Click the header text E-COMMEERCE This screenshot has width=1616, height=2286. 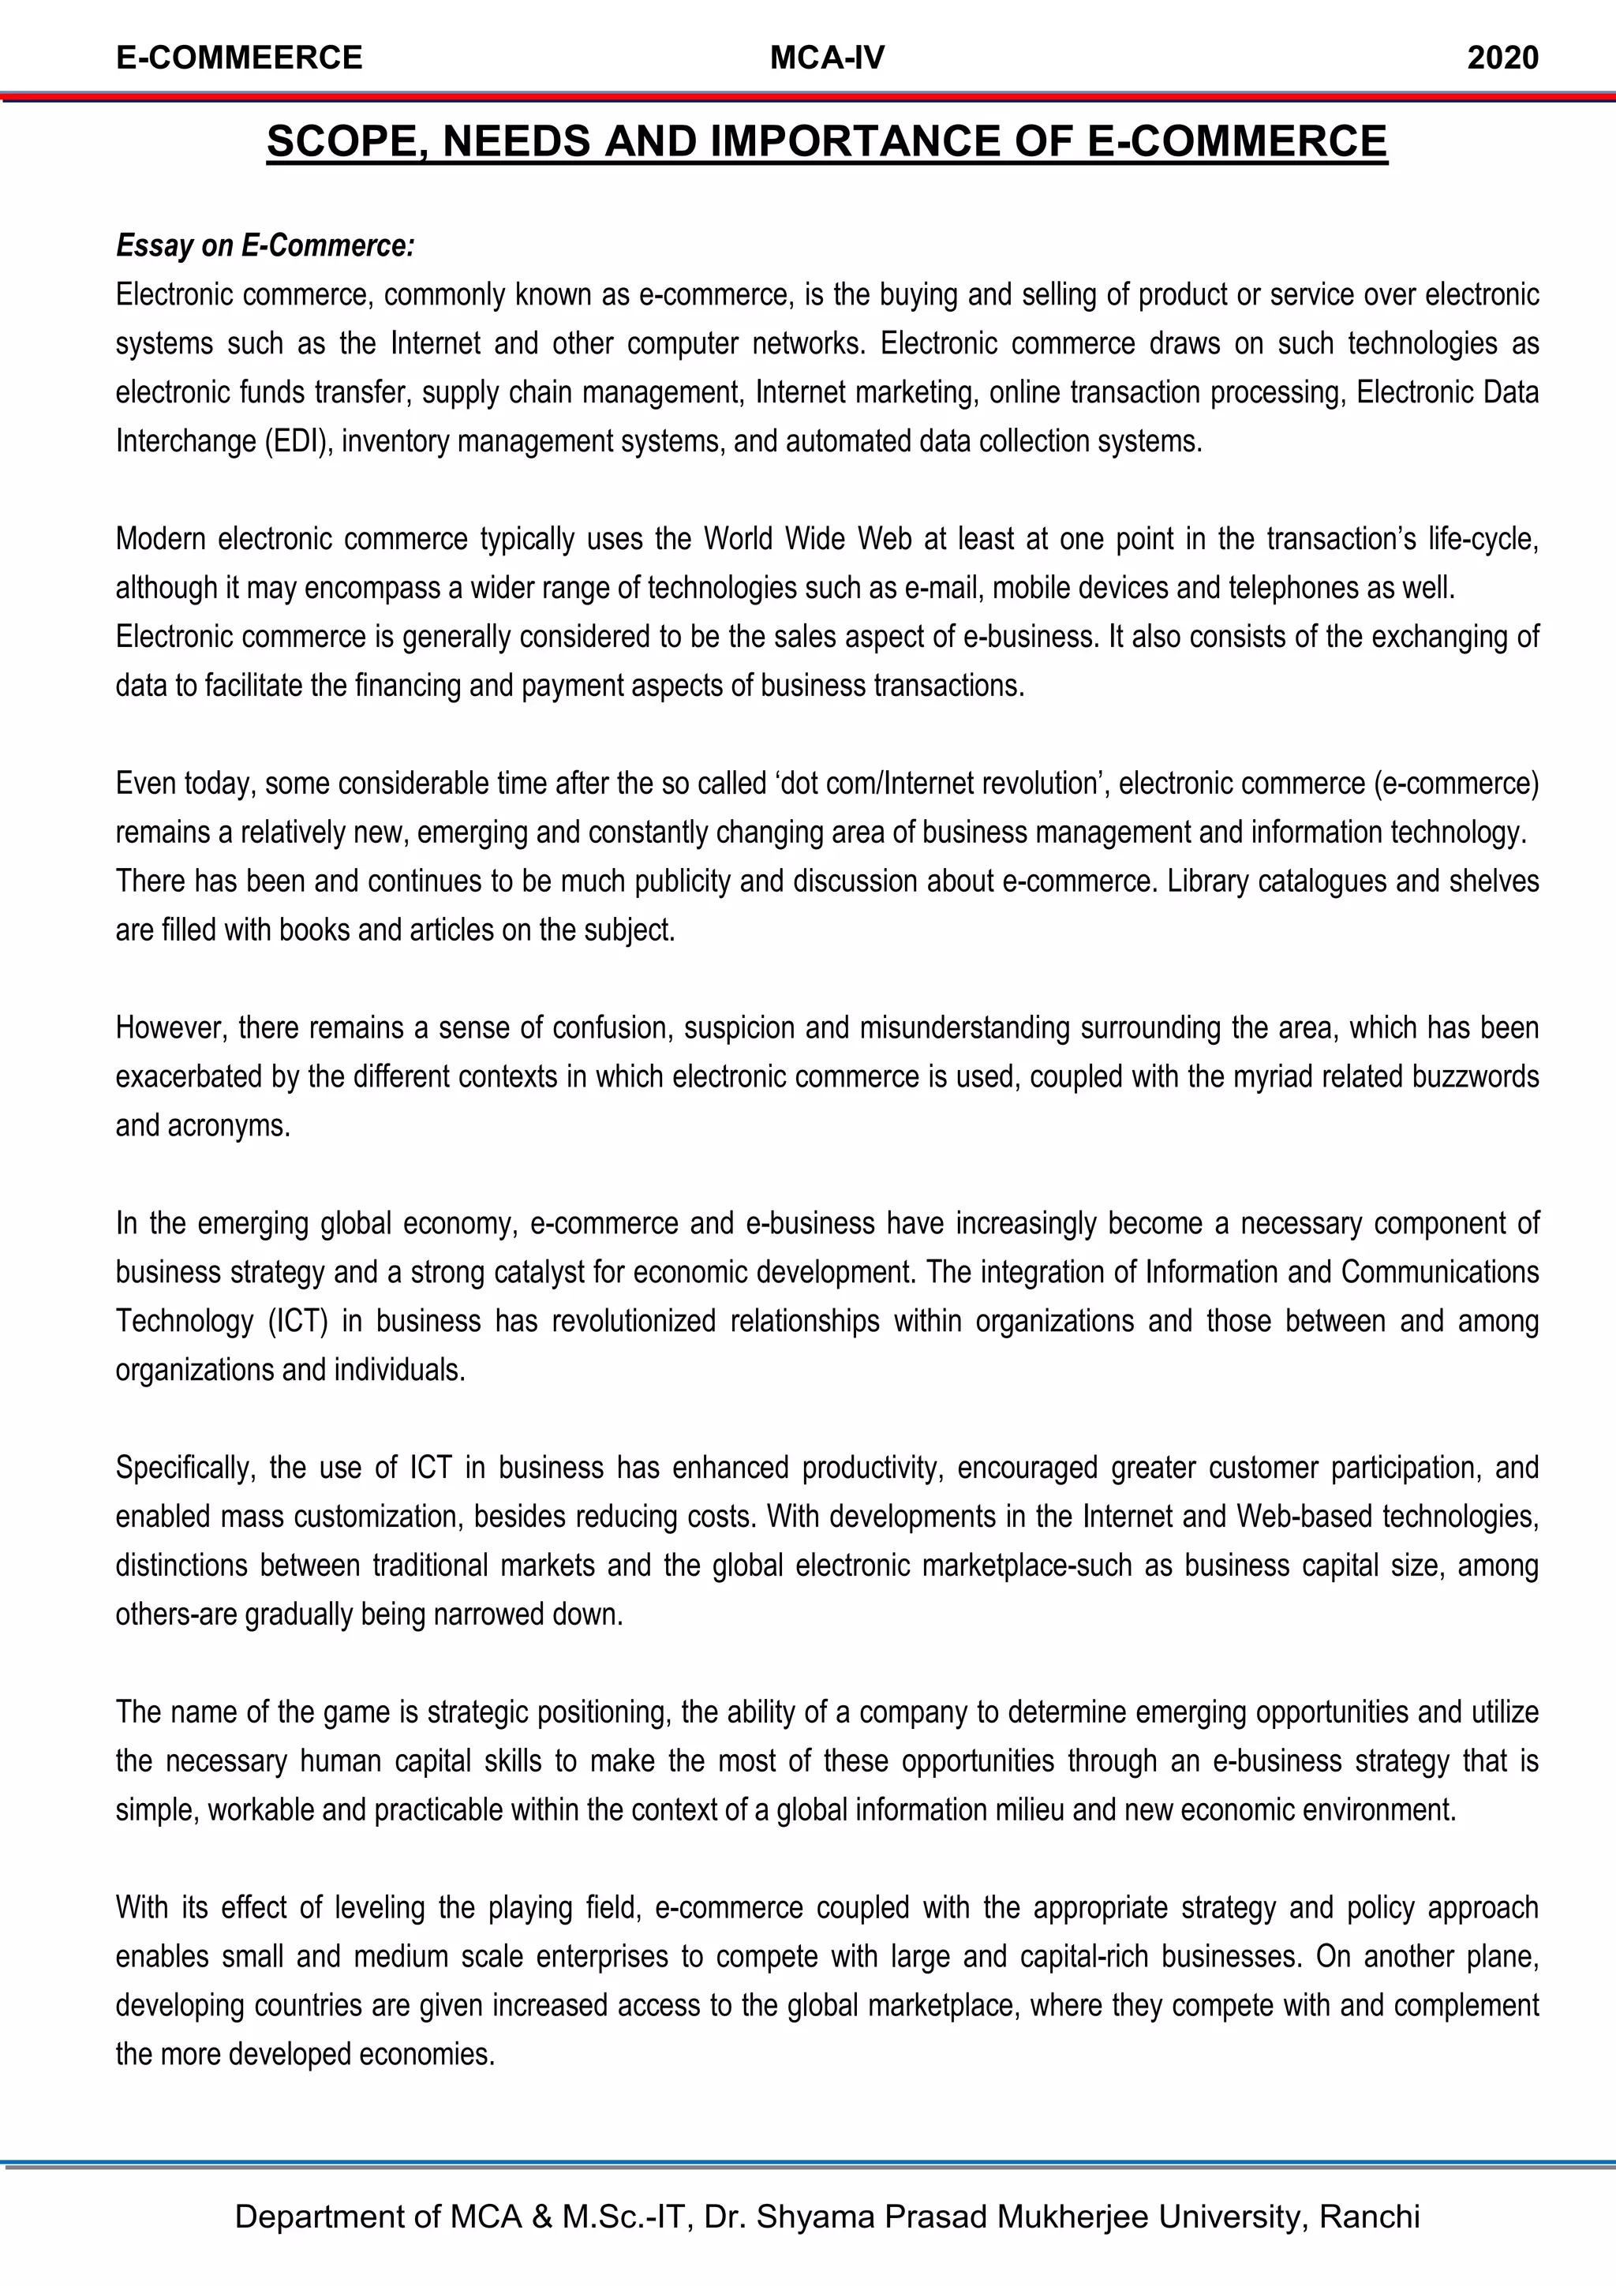click(239, 58)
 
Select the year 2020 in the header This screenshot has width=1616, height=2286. click(1502, 58)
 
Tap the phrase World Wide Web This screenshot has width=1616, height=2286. click(807, 539)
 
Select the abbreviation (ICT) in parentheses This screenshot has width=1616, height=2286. click(297, 1321)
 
